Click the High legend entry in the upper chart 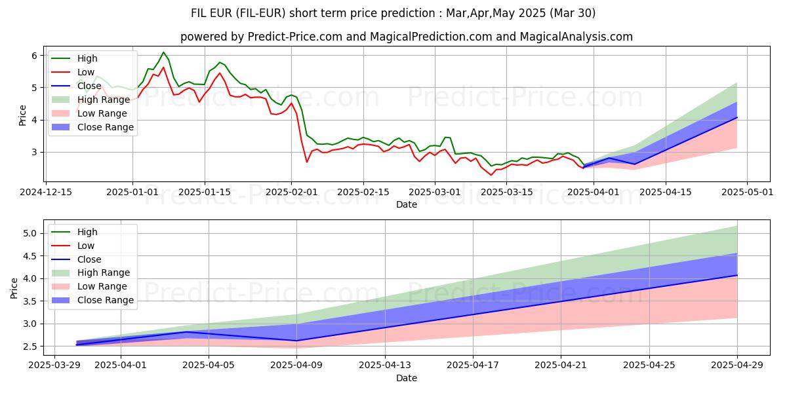(86, 59)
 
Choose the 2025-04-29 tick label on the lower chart (737, 365)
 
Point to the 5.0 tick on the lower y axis (31, 233)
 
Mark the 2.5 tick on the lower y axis (31, 346)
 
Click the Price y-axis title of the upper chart (23, 115)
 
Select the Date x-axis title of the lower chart (407, 378)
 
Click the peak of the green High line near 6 (163, 52)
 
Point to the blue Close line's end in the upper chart (737, 117)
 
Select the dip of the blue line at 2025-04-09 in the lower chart (297, 341)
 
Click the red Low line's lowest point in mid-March (491, 175)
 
